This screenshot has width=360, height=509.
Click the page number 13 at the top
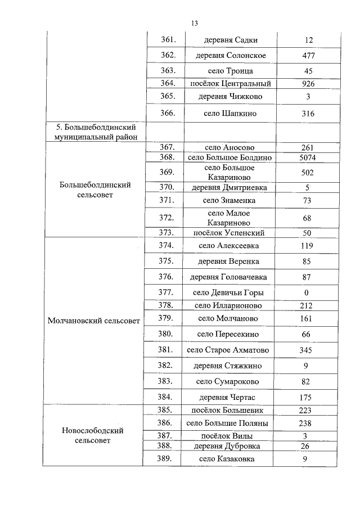pyautogui.click(x=194, y=23)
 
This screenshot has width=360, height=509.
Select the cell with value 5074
pyautogui.click(x=307, y=157)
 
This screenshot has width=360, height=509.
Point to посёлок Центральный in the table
pyautogui.click(x=230, y=84)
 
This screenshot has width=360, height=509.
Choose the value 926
pyautogui.click(x=307, y=84)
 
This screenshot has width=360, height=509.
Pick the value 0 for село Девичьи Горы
pyautogui.click(x=307, y=292)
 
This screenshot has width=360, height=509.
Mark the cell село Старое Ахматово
pyautogui.click(x=228, y=350)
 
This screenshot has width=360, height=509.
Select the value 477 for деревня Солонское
pyautogui.click(x=307, y=56)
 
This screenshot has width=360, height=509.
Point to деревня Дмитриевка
pyautogui.click(x=229, y=187)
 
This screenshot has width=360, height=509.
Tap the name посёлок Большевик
pyautogui.click(x=229, y=410)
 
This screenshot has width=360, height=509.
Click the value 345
pyautogui.click(x=307, y=350)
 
